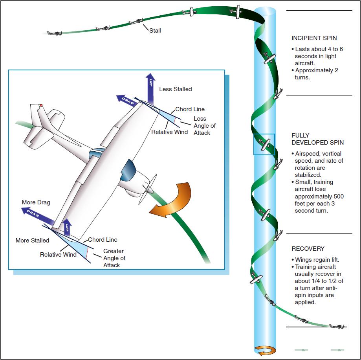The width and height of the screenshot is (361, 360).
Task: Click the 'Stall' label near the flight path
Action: [x=155, y=31]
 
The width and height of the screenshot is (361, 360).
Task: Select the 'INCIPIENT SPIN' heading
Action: [x=314, y=38]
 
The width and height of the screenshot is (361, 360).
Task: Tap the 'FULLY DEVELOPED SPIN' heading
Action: [x=317, y=139]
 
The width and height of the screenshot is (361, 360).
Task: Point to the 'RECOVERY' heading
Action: [x=308, y=249]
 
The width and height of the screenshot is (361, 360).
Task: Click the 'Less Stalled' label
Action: [x=176, y=89]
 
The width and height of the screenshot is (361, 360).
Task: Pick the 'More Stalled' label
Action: [x=32, y=241]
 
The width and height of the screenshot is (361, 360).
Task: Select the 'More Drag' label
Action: [x=36, y=202]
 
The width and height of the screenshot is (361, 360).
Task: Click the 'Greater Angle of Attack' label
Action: [x=114, y=258]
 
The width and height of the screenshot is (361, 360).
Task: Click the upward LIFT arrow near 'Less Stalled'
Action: [x=150, y=89]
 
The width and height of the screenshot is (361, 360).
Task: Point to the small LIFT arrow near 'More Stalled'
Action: [x=67, y=227]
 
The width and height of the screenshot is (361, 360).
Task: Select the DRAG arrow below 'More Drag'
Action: [x=38, y=215]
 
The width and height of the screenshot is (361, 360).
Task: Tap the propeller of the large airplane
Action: [x=148, y=189]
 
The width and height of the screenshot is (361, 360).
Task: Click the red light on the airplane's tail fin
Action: [x=41, y=105]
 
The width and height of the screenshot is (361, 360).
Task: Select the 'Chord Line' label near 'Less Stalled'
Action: [x=190, y=109]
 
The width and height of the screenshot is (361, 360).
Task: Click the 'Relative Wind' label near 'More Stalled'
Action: [x=58, y=255]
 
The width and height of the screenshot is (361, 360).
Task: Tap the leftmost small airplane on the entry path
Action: [x=55, y=33]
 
